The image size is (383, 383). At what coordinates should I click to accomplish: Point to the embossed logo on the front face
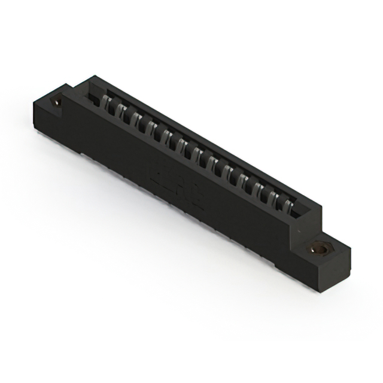(x=176, y=187)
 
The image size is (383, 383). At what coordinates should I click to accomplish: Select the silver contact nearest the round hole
(x=108, y=104)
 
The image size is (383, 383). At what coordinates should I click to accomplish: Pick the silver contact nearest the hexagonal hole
(x=288, y=206)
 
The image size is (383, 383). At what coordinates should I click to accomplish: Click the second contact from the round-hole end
(x=121, y=111)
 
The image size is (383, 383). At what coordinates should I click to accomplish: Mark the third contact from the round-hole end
(x=136, y=119)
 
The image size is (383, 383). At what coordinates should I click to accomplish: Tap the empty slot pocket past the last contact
(x=299, y=211)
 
